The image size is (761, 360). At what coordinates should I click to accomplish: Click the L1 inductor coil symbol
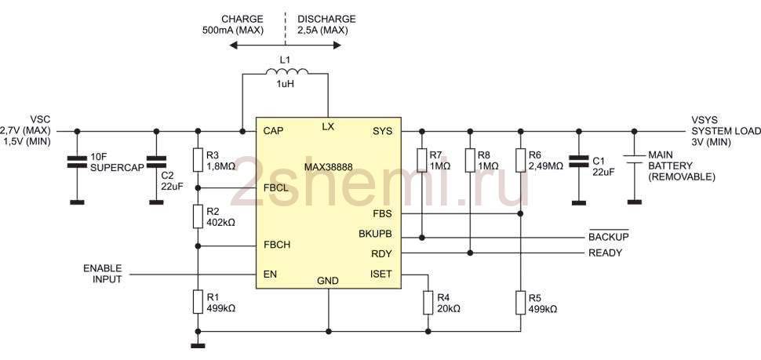287,72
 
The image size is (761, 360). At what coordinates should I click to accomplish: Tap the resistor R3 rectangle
198,160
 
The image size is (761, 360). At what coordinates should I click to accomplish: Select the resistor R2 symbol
198,216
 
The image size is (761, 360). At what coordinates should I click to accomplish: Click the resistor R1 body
198,302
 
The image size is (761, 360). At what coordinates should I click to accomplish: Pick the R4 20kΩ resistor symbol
428,303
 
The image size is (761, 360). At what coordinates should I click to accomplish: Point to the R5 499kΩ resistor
520,303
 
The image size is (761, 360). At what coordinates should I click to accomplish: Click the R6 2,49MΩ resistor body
520,161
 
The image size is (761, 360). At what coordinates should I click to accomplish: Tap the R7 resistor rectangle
422,161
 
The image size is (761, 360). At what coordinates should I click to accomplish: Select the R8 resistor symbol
469,161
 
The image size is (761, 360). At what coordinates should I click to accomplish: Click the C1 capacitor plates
577,162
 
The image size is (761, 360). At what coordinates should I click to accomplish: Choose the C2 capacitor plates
156,162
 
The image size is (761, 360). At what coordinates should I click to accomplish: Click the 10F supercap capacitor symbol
77,162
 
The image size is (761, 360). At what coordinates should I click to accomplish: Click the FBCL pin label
277,188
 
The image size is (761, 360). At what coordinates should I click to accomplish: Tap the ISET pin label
380,275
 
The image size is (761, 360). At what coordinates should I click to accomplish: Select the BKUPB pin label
375,234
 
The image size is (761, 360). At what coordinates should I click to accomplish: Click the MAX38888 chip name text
328,167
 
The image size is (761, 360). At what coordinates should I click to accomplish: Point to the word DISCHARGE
326,20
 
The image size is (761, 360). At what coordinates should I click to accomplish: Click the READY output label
605,253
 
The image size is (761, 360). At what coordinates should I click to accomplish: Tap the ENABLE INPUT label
103,274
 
